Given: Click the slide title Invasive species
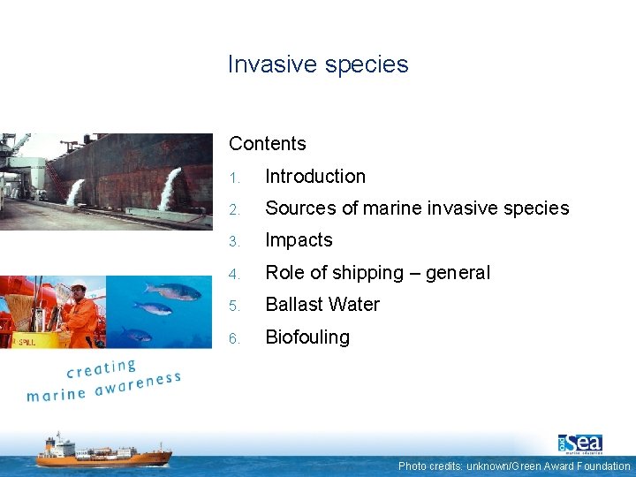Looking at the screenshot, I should coord(318,64).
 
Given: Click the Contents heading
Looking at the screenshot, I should coord(267,143).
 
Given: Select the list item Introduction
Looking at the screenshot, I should coord(315,176).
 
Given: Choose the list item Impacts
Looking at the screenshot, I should coord(299,239).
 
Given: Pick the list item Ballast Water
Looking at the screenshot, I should coord(322,304).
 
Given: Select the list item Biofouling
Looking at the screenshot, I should coord(307,337).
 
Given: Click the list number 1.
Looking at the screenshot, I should coord(233,178).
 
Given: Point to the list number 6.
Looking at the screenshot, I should coord(233,338).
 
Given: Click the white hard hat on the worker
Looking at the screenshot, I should coord(79,285).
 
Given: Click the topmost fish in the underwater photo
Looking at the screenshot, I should coord(171,290).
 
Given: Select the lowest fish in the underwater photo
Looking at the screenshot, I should coord(137,334).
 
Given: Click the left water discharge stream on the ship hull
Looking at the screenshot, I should coord(75,191).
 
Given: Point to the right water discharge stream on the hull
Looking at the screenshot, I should coord(169,186).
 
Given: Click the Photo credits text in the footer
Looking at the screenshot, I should coord(513,466).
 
